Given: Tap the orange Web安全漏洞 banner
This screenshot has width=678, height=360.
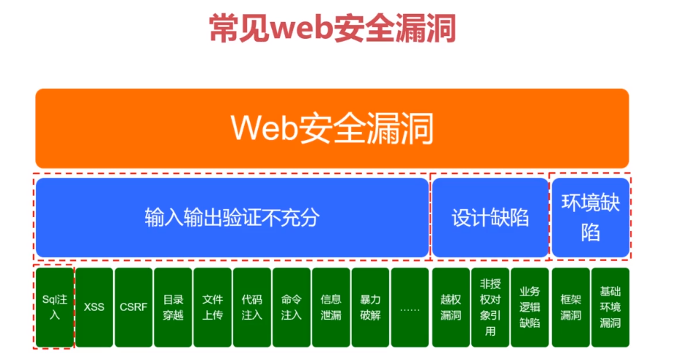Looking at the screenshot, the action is [x=332, y=128].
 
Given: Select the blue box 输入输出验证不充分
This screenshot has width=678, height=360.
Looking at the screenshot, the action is [x=232, y=218].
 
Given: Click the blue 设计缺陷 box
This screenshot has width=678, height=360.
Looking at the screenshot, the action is [x=490, y=218].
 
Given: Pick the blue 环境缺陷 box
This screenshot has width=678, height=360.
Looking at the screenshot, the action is [x=590, y=218].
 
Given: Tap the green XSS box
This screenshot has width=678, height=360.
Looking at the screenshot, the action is [x=94, y=307].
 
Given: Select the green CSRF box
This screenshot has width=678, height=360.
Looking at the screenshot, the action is [x=133, y=307].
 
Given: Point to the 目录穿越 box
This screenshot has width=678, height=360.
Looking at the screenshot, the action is [x=173, y=307].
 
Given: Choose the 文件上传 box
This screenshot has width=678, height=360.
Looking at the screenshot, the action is [x=213, y=307].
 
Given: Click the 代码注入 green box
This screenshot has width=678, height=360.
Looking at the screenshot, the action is [x=252, y=307].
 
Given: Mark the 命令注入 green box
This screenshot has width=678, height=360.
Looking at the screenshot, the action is [x=291, y=307].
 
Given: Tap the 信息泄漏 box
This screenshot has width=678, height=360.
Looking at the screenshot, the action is [x=331, y=307].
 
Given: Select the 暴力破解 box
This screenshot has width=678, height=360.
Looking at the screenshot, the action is [x=370, y=307].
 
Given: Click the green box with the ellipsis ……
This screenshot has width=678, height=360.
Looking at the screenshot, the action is [x=410, y=307].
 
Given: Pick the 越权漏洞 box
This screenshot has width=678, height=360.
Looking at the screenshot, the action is [x=450, y=307].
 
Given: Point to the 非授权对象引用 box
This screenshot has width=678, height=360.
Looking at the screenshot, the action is [x=490, y=307].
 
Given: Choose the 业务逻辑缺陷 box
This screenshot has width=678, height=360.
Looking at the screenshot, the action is [x=529, y=307].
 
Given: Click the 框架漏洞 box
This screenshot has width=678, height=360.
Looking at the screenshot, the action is [x=570, y=307].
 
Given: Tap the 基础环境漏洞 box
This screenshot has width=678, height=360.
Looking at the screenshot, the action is [x=610, y=307].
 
